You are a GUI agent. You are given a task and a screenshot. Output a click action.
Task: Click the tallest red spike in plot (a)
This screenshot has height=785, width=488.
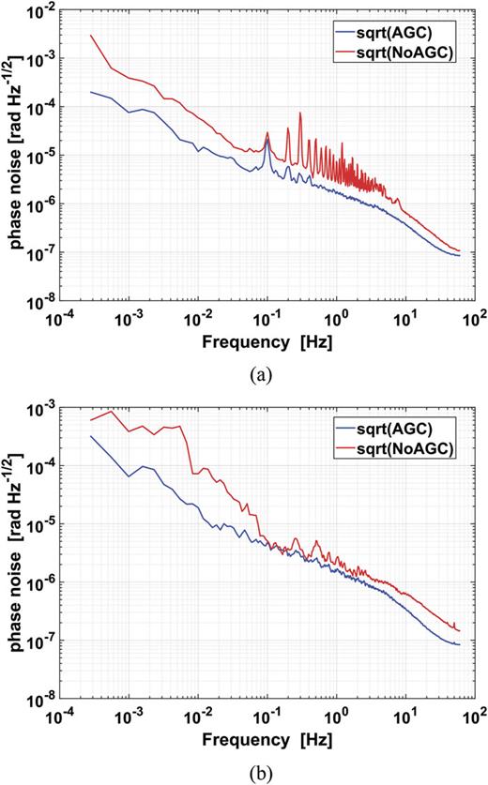tap(300, 113)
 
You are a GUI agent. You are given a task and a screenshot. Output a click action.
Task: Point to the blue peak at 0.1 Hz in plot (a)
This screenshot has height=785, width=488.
tap(267, 142)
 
